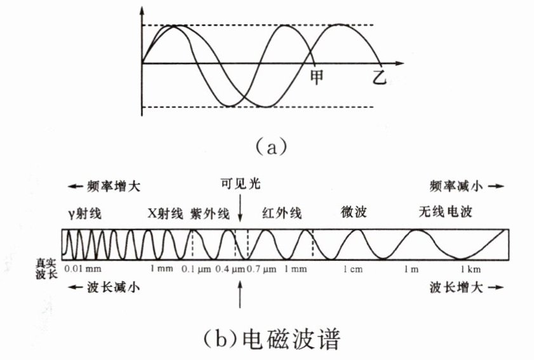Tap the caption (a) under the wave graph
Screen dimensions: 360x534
click(x=266, y=147)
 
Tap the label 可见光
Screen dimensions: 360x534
click(x=240, y=185)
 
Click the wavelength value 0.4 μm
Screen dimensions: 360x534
click(x=229, y=269)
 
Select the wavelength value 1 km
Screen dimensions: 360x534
click(x=470, y=269)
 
